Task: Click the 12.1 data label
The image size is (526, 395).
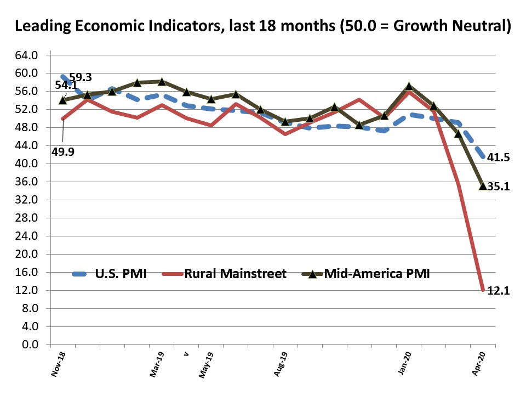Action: click(499, 292)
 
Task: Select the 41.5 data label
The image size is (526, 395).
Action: click(499, 158)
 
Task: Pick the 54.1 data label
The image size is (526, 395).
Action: click(65, 86)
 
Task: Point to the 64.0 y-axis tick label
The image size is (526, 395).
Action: click(27, 55)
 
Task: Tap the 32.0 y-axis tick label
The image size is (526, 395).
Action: click(27, 200)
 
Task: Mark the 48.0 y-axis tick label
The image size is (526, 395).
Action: click(27, 128)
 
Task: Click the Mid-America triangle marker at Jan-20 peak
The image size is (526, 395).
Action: click(408, 86)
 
